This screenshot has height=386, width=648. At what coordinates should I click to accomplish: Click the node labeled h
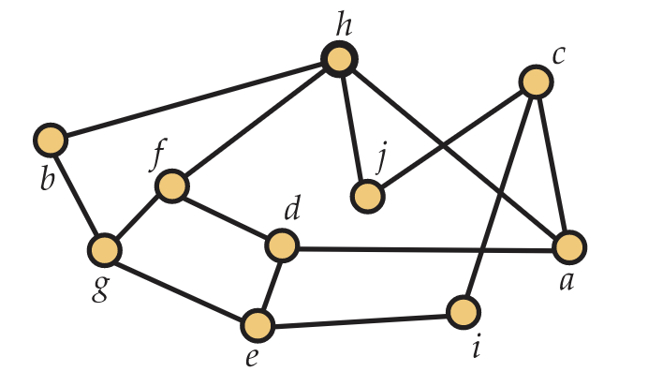[338, 60]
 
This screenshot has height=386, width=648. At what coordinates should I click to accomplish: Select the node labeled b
[50, 141]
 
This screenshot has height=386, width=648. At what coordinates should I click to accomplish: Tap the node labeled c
[536, 82]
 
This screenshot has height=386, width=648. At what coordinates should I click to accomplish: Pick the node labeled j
[367, 197]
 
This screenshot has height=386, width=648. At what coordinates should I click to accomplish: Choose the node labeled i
[463, 312]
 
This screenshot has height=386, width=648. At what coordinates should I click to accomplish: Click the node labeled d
[281, 247]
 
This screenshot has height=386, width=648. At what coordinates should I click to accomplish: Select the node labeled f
[172, 186]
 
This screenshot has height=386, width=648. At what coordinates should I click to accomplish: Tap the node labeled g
[105, 250]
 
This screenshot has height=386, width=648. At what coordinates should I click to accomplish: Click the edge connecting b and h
[194, 100]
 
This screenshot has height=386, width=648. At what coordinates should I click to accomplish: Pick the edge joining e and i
[360, 319]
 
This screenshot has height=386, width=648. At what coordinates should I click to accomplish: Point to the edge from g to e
[181, 289]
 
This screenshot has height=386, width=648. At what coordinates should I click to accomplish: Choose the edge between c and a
[552, 165]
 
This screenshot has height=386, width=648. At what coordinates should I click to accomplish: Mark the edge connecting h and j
[352, 128]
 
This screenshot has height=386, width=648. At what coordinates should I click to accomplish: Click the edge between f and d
[227, 216]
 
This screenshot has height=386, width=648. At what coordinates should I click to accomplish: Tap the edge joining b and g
[77, 195]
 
